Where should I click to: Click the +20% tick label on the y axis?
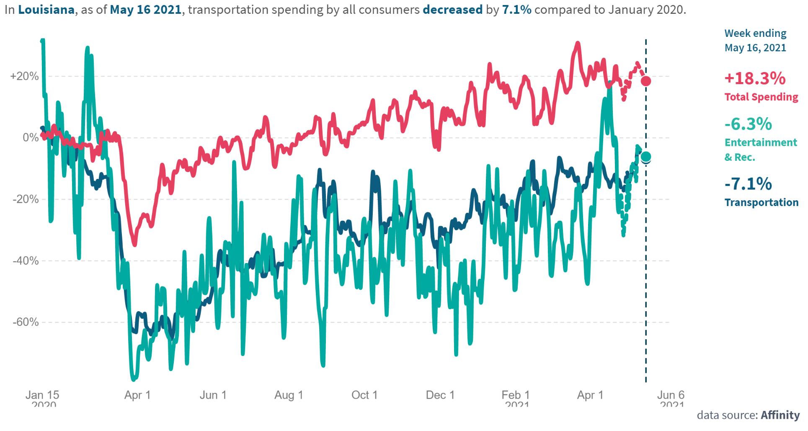pos(25,77)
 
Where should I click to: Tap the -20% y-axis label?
pos(26,199)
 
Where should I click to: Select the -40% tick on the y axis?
pos(26,261)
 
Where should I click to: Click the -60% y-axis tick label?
pos(26,323)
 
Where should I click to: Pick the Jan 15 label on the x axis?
pos(42,395)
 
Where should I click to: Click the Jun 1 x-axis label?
pos(213,395)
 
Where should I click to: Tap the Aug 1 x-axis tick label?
pos(289,395)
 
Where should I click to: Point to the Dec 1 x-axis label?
pos(440,395)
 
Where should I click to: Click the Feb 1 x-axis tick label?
pos(516,395)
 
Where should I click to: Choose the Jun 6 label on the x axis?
pos(671,395)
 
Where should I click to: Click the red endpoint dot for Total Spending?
pos(646,81)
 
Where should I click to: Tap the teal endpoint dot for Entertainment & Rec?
pos(646,157)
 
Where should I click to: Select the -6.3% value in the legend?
pos(749,124)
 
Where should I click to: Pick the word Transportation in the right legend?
pos(762,203)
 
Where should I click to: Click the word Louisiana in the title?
pos(46,10)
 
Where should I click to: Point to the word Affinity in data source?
pos(780,415)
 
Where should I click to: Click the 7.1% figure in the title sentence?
pos(516,10)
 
